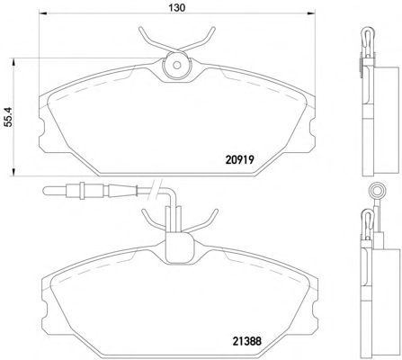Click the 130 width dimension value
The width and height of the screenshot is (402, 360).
point(176,7)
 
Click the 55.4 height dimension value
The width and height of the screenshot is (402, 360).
point(8,117)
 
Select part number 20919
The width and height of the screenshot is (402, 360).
point(240,159)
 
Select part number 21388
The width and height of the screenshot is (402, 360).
point(247,341)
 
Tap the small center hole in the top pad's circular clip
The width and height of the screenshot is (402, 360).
point(177,65)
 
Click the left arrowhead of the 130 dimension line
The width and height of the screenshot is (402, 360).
point(43,13)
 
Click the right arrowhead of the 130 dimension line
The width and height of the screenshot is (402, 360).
point(311,13)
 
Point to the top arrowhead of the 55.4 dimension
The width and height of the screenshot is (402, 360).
point(13,62)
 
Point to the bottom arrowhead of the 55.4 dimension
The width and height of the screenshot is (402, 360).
point(13,172)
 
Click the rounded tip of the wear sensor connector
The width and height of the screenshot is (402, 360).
point(45,191)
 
